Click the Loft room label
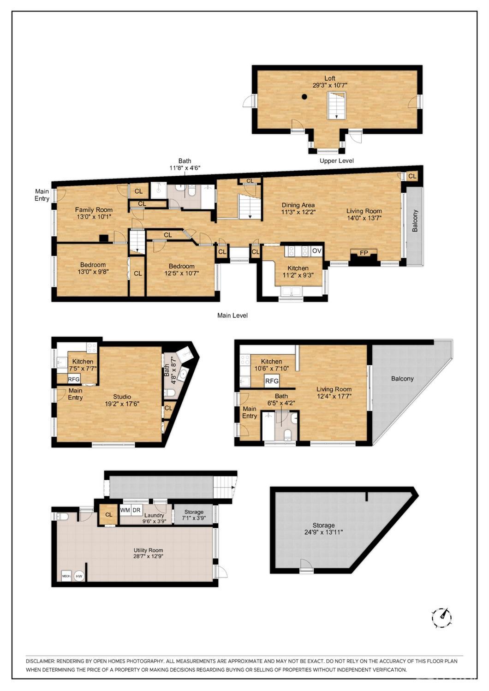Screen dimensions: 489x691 coord(329,78)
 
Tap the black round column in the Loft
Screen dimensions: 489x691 coord(304,97)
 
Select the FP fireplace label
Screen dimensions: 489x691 coord(364,253)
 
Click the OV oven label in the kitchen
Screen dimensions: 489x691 coord(316,251)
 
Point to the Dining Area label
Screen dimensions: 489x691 coord(298,205)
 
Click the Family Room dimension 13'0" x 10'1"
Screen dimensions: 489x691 coord(94,217)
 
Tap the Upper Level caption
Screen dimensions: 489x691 coord(337,161)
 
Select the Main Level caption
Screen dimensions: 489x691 coord(233,316)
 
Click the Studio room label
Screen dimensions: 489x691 coord(122,397)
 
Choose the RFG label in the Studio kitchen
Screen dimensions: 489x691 coord(74,380)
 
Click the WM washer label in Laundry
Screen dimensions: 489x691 coord(125,510)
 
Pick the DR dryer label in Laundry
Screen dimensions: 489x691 coord(137,510)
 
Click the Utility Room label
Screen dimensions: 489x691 coord(148,550)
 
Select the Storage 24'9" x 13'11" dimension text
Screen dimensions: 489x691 coord(323,532)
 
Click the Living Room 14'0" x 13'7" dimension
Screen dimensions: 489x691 coord(364,218)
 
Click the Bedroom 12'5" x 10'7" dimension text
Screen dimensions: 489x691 coord(181,273)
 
